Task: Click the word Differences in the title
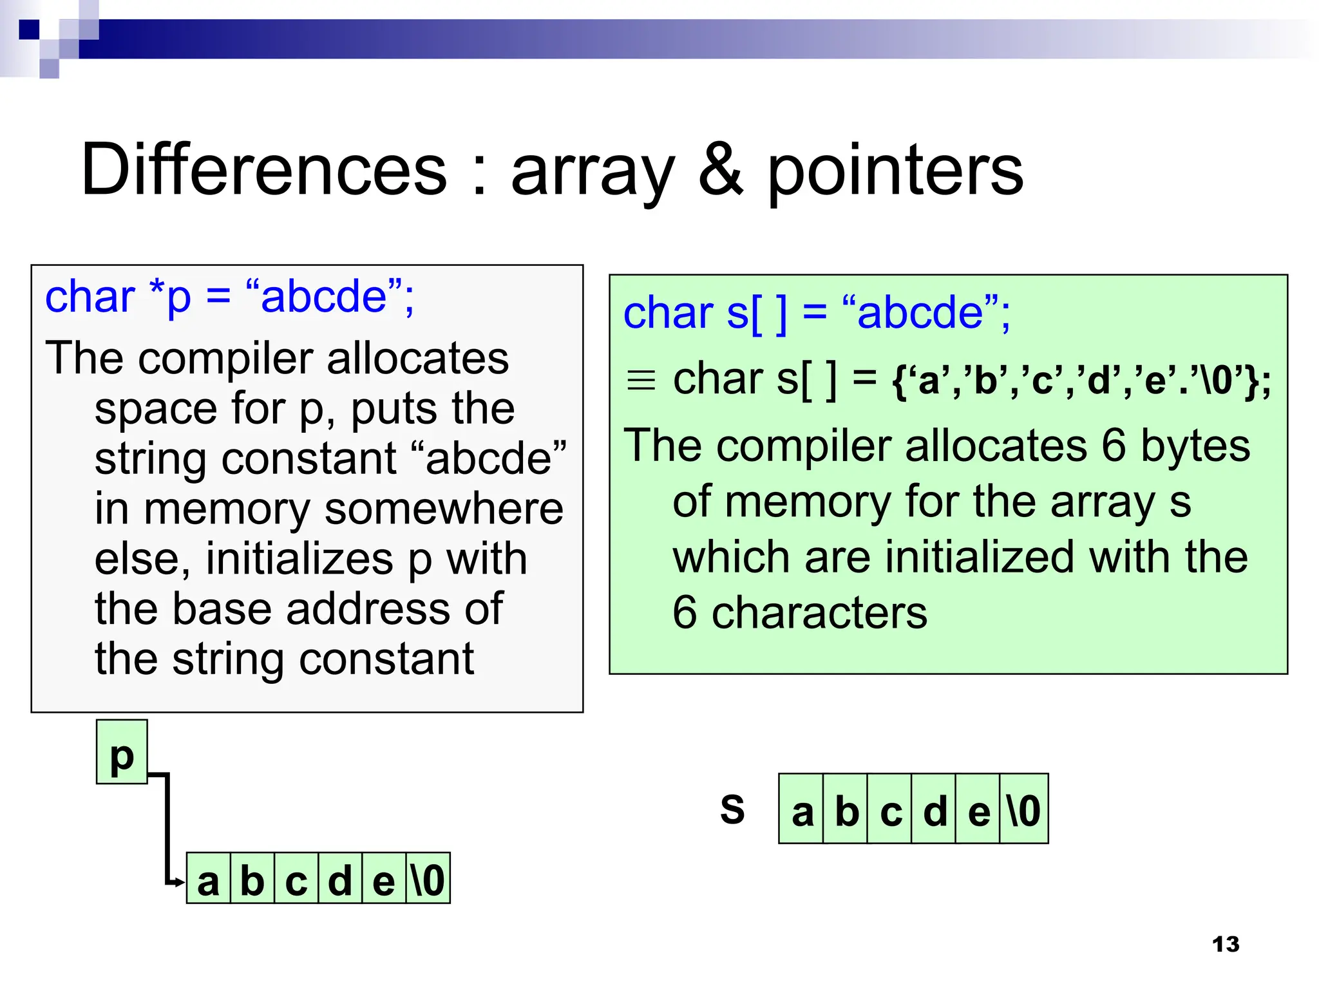(264, 170)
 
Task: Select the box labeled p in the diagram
(122, 752)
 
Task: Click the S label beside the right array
(732, 809)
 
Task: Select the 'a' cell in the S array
(802, 809)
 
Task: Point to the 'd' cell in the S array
(935, 809)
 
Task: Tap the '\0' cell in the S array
(1024, 809)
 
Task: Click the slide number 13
(1225, 944)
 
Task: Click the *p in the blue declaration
(170, 297)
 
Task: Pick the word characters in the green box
(819, 612)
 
